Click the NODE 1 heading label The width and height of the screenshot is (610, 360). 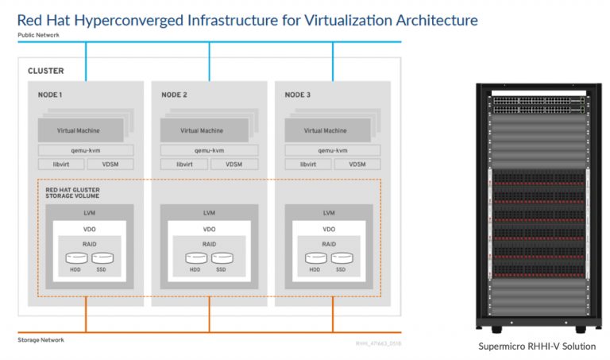click(49, 95)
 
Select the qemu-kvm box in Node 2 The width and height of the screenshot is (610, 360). click(209, 149)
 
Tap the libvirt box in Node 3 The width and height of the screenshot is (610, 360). click(309, 165)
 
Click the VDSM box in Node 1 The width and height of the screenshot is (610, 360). click(110, 165)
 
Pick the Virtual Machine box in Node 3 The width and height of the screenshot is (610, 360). click(325, 130)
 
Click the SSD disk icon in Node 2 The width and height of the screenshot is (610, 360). click(223, 257)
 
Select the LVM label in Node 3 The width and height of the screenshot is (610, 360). click(328, 213)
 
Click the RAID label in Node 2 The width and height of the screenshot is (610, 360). click(208, 243)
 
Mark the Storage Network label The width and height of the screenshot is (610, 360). click(41, 340)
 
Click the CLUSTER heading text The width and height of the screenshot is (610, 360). click(46, 71)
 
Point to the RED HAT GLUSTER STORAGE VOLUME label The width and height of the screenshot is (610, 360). click(74, 192)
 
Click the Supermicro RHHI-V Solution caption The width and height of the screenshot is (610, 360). click(536, 346)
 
